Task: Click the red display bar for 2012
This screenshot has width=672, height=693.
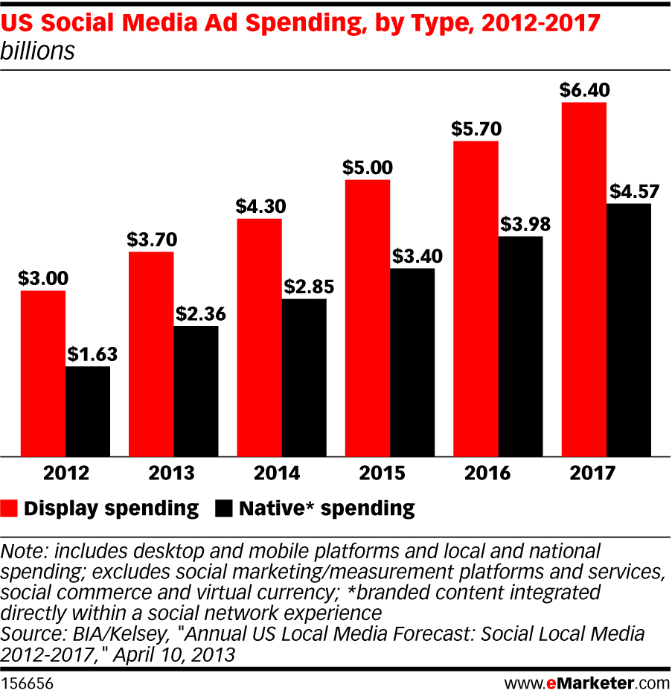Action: coord(43,373)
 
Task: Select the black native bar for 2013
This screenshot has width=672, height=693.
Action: coord(196,391)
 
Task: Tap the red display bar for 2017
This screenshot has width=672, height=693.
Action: coord(584,279)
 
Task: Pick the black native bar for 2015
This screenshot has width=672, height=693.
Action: coord(412,362)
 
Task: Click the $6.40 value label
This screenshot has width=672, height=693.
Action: coord(585,90)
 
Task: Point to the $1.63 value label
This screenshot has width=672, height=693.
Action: coord(88,354)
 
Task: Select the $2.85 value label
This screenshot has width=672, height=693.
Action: coord(304,286)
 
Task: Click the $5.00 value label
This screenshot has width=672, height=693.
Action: coord(368,167)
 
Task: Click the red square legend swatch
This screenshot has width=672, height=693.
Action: coord(10,509)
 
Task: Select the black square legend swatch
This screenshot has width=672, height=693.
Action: coord(224,509)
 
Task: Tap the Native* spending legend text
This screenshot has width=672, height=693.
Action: coord(327,509)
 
